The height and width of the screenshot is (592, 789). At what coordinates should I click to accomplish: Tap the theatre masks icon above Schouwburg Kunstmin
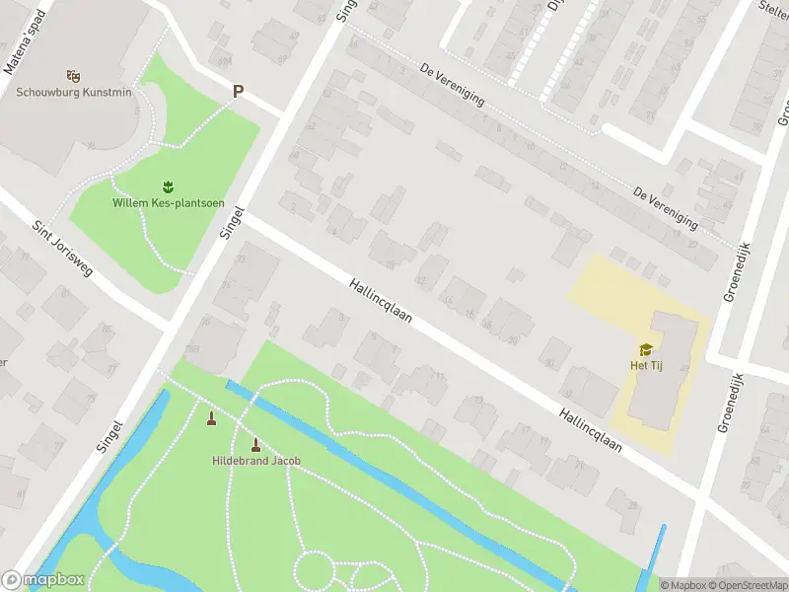(x=71, y=75)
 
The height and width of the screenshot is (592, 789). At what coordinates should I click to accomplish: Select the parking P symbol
(x=237, y=91)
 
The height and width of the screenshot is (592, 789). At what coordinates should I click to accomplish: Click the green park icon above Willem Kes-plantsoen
(x=167, y=185)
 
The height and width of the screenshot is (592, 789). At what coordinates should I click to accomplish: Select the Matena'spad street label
(x=24, y=51)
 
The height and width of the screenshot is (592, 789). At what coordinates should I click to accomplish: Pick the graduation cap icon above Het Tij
(x=646, y=348)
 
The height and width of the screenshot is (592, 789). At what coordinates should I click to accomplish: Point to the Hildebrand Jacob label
(x=256, y=461)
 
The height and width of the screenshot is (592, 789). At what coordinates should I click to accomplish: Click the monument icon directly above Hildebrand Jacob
(x=256, y=444)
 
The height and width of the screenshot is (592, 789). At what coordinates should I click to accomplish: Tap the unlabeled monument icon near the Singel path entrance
(x=211, y=419)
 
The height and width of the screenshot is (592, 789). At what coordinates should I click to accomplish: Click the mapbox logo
(x=41, y=580)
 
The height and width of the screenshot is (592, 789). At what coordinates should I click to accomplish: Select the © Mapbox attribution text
(x=683, y=585)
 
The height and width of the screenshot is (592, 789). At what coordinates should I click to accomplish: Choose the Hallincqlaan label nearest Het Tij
(x=592, y=430)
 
